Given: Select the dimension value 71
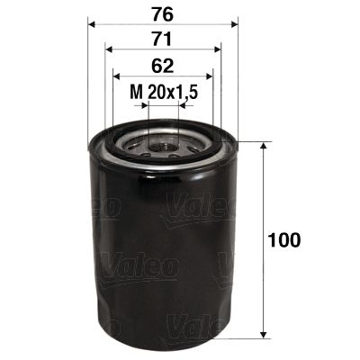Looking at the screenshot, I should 163,40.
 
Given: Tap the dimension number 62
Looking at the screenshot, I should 163,65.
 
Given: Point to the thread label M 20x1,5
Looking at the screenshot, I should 163,91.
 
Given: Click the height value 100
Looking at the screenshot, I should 284,240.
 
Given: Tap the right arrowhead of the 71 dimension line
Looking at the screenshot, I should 217,50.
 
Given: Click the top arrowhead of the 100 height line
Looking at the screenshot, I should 262,147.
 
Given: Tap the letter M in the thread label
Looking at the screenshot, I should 136,91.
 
